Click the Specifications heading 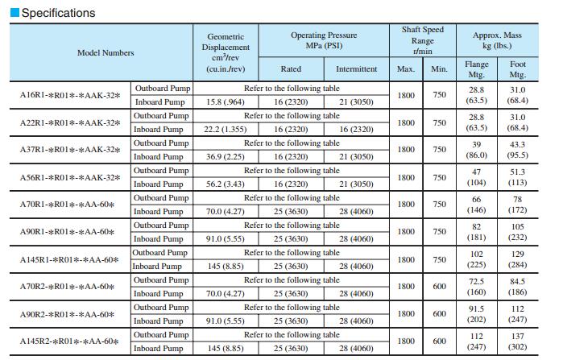(x=57, y=13)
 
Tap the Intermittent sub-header (x=356, y=69)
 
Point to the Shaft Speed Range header (x=422, y=40)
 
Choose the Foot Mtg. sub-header (x=518, y=68)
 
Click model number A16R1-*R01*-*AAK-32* (x=70, y=95)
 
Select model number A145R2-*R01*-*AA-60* (x=70, y=341)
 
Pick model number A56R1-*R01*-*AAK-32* (x=70, y=177)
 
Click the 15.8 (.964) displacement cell (x=225, y=101)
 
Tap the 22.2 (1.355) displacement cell (x=225, y=129)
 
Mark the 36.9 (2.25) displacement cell (x=225, y=156)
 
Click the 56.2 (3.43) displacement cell (x=225, y=184)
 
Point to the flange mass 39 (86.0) (x=477, y=150)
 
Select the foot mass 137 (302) (x=518, y=341)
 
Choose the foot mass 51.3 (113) (x=518, y=177)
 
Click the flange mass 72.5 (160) (x=477, y=287)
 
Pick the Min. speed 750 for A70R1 (x=439, y=205)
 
